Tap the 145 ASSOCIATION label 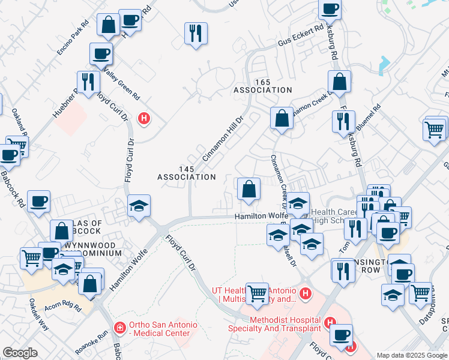pyautogui.click(x=186, y=173)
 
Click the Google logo pyautogui.click(x=20, y=353)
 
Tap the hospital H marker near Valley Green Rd pyautogui.click(x=143, y=118)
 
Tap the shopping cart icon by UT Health pyautogui.click(x=258, y=293)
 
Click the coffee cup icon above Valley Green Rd pyautogui.click(x=101, y=53)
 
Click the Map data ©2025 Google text pyautogui.click(x=412, y=355)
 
